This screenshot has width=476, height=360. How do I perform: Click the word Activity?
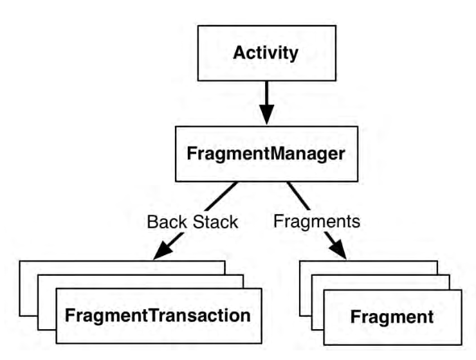266,53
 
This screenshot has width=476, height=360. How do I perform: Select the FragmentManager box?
266,154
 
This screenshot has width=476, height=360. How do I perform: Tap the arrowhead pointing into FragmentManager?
266,114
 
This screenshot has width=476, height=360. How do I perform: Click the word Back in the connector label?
167,222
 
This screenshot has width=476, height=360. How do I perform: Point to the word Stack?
215,222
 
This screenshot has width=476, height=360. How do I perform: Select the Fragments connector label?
317,221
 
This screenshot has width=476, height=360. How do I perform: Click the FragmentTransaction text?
158,316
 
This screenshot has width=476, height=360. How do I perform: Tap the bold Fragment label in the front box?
392,317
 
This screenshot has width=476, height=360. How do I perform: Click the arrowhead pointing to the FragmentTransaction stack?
163,251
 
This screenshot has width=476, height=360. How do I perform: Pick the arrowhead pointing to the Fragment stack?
338,250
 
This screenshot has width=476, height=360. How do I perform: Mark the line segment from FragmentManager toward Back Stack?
221,196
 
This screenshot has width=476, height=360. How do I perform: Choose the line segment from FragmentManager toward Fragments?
298,196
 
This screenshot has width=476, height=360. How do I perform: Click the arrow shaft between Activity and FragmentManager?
266,93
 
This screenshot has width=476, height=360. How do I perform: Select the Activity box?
267,53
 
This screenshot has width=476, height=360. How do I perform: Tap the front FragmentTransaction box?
159,316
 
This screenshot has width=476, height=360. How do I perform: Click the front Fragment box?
393,317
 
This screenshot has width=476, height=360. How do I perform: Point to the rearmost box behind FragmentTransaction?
29,288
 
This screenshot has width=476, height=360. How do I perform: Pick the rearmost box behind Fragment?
306,288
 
